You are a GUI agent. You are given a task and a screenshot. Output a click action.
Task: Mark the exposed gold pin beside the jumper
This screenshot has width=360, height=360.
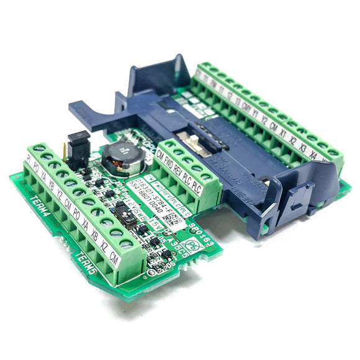(65, 151)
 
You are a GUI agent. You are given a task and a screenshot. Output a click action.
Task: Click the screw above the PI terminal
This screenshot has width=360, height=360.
(39, 150)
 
